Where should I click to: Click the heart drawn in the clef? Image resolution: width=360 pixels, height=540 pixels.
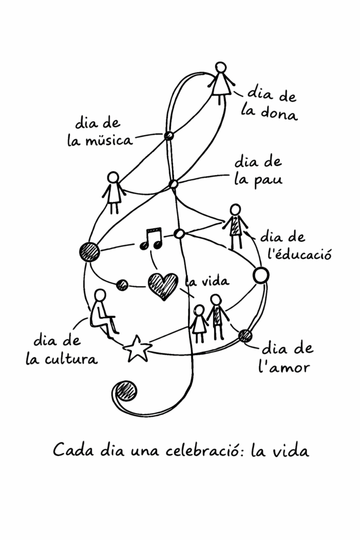(162, 286)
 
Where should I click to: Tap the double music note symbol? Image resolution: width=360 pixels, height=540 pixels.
(151, 239)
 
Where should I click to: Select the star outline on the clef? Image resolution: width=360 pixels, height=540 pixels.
(137, 349)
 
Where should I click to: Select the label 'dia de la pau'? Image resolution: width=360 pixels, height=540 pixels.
(258, 170)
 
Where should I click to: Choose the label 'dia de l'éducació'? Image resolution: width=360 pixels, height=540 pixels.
(299, 246)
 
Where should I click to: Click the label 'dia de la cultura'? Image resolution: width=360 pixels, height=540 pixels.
(61, 349)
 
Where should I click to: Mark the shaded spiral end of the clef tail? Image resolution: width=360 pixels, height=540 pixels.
(126, 391)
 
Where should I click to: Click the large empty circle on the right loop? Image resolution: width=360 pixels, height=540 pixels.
(261, 275)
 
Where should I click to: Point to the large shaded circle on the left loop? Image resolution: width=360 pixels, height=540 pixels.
(89, 252)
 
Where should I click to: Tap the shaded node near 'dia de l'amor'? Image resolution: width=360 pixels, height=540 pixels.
(245, 335)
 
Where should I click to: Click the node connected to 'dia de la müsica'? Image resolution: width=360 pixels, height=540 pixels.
(169, 136)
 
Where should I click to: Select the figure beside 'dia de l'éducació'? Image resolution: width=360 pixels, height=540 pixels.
(236, 225)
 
